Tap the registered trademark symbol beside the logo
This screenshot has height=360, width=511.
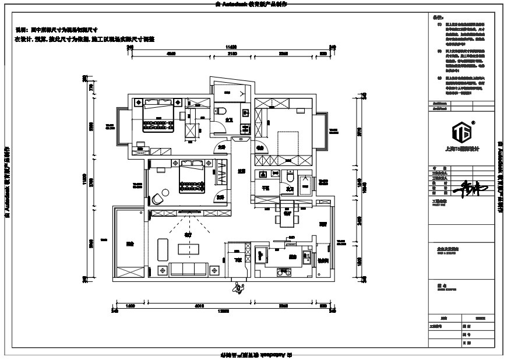click(x=473, y=122)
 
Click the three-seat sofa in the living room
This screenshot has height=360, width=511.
click(x=188, y=269)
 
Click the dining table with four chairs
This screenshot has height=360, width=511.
click(x=287, y=216)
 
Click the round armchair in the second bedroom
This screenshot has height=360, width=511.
click(x=158, y=199)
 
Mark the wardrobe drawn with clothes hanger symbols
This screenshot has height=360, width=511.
click(x=221, y=174)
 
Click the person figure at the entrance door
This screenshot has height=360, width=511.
click(x=237, y=287)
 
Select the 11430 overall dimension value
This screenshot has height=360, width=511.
click(x=231, y=46)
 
